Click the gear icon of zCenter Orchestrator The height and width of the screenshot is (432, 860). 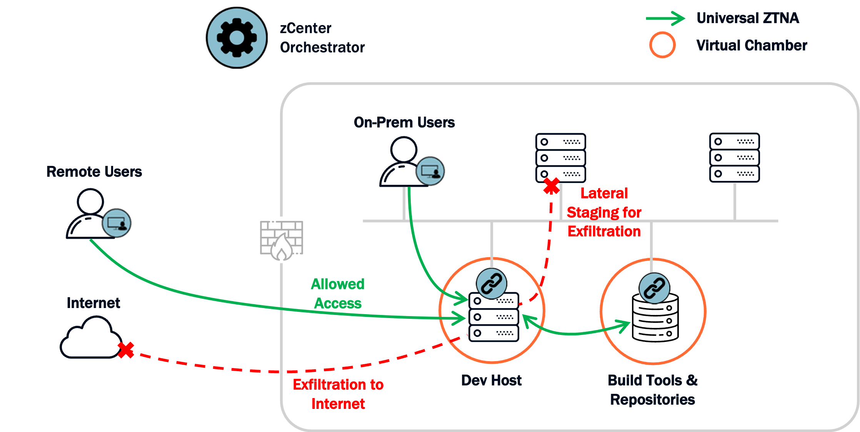237,38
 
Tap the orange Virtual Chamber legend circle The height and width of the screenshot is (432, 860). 662,45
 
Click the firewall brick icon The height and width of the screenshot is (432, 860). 282,240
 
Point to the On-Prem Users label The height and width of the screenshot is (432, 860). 404,122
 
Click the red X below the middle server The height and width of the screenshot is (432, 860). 552,186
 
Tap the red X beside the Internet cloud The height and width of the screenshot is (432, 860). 126,350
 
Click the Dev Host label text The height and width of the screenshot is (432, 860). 491,380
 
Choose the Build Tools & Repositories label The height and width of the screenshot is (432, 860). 652,390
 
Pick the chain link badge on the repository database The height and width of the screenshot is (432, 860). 654,288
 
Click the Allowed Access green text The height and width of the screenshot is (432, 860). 338,294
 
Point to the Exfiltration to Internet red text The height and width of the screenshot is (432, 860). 338,394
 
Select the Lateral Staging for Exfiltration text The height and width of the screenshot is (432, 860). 604,212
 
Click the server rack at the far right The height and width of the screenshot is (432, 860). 734,157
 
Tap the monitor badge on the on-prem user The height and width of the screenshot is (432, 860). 430,171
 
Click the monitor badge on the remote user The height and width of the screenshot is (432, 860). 117,223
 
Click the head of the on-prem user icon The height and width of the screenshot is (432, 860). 403,149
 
